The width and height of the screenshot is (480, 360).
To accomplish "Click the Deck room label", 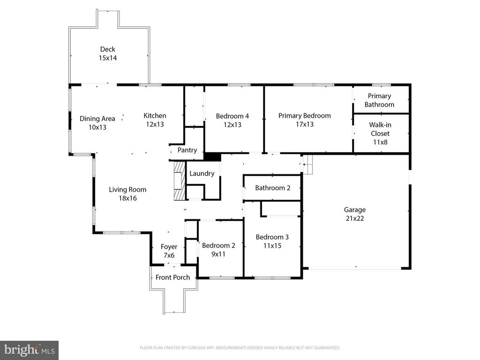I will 107,49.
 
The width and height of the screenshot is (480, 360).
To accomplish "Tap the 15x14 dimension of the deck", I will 107,58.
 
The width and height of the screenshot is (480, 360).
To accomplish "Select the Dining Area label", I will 97,119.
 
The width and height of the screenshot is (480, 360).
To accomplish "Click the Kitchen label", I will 155,115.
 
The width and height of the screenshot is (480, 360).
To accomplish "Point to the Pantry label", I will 187,150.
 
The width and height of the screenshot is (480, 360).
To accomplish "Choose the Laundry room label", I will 202,173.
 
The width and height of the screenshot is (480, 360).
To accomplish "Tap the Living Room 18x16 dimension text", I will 127,198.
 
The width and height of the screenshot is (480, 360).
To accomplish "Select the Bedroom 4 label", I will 232,116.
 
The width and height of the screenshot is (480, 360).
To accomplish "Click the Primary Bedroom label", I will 304,115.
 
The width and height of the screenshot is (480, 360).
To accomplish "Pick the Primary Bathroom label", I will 379,100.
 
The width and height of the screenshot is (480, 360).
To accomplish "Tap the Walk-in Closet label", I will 379,129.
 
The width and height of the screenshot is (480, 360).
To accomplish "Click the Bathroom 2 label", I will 272,188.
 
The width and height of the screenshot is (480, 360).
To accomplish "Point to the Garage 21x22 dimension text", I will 354,218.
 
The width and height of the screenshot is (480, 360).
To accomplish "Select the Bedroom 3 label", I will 272,237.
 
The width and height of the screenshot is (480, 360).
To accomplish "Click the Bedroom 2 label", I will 218,245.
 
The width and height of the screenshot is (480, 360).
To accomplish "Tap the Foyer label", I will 169,247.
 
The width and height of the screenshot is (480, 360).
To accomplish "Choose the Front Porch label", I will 172,277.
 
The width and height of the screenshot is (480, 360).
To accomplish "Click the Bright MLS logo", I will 29,350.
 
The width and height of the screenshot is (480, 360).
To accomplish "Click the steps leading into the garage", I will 306,165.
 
